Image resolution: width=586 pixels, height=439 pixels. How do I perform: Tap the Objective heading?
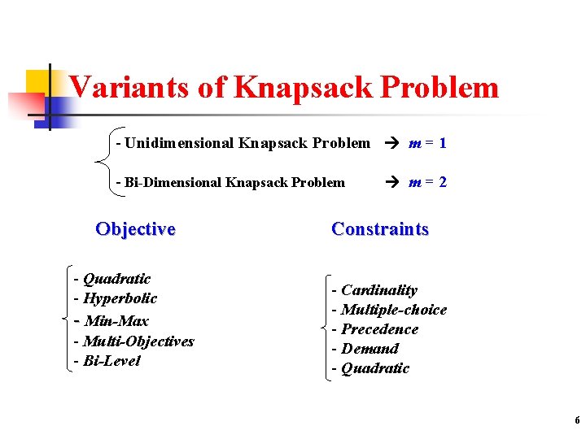coord(135,228)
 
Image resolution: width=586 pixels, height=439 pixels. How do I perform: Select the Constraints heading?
coord(380,229)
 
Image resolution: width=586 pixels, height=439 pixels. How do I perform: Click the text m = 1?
coord(427,143)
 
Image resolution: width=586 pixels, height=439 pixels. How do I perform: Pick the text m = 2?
coord(427,182)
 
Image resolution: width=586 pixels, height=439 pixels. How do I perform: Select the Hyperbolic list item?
coord(120,298)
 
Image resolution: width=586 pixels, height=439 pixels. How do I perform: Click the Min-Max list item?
coord(116,320)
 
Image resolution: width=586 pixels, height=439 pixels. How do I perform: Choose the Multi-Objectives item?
coord(138,341)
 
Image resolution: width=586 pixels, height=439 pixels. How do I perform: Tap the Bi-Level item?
coord(112,361)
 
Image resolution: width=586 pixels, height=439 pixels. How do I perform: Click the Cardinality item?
coord(378,290)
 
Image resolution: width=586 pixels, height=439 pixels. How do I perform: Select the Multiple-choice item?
coord(394,310)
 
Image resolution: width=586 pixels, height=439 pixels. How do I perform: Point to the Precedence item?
coord(379,329)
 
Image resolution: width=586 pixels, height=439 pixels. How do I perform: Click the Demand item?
coord(370,349)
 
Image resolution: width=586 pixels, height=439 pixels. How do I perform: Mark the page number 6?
coord(577,420)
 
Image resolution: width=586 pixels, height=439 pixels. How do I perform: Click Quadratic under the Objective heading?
coord(116,279)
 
